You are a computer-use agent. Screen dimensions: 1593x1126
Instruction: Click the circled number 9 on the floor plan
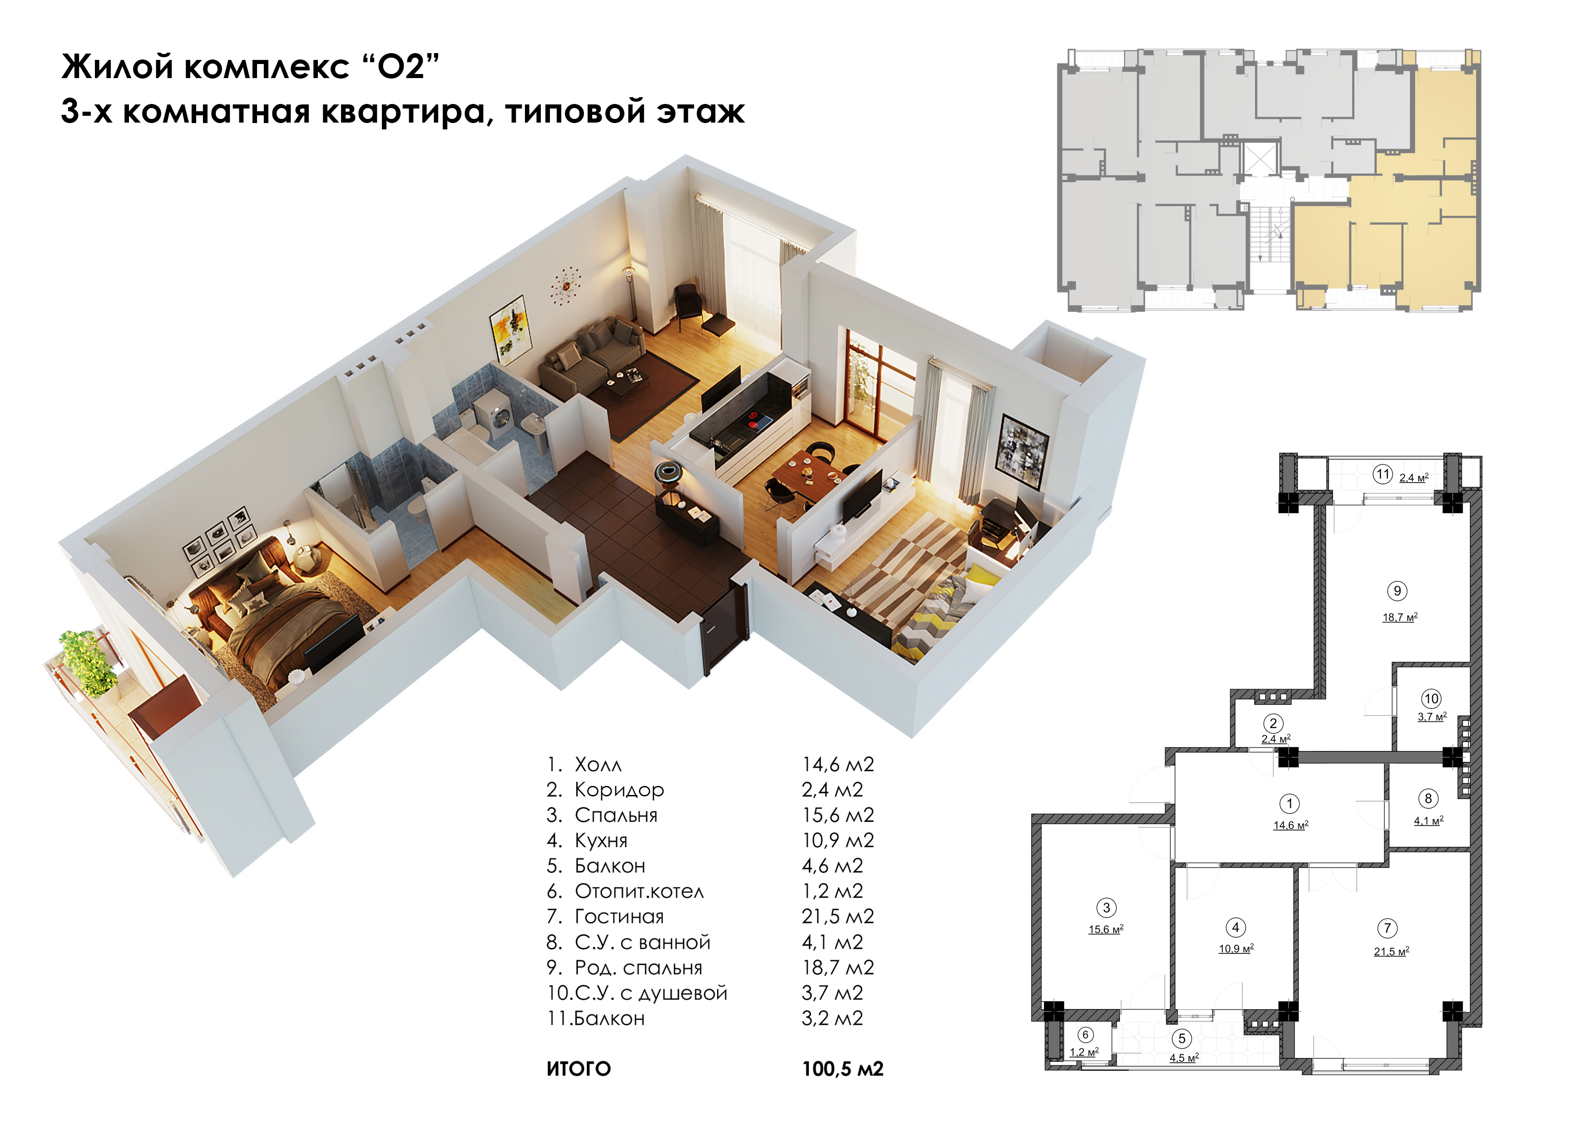click(1397, 591)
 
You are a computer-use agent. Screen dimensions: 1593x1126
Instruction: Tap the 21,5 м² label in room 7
click(1391, 952)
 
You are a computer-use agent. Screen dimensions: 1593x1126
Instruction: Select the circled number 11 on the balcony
click(1383, 474)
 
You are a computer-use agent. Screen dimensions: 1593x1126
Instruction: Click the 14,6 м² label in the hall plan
click(1291, 825)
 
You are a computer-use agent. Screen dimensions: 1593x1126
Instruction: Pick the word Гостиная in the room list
click(619, 917)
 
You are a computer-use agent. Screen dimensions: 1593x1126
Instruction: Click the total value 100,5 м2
click(842, 1069)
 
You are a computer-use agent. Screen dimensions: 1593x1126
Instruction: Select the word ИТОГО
click(579, 1069)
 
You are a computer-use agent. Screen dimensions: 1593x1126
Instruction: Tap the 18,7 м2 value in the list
click(837, 968)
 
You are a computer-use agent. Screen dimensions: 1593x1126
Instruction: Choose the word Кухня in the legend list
click(601, 841)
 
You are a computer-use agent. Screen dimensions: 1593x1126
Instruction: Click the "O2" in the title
click(401, 67)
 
